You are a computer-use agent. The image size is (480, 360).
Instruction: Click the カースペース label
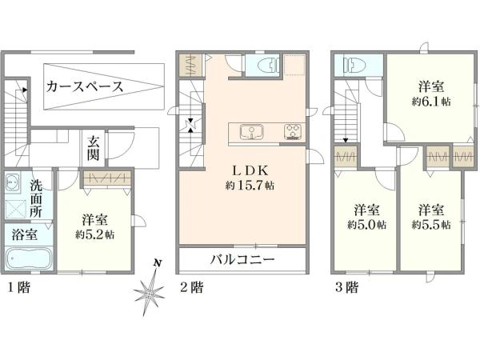(x=85, y=87)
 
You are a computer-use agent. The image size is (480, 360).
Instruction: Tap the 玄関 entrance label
(x=93, y=148)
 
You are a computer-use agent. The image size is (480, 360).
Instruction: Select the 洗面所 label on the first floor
(x=36, y=198)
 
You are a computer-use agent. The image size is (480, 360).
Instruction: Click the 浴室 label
(x=25, y=234)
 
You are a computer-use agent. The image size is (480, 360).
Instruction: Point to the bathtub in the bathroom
(x=29, y=258)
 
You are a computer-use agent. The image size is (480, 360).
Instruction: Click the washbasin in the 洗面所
(x=13, y=182)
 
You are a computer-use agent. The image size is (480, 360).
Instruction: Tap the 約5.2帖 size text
(x=95, y=234)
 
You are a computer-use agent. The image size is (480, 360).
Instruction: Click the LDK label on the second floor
(x=250, y=171)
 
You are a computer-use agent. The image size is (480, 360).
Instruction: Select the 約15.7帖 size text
(x=250, y=186)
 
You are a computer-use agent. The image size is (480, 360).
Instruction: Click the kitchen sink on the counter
(x=252, y=132)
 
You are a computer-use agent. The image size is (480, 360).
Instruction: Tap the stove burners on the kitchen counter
(x=293, y=132)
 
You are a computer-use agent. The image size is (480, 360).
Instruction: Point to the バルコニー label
(x=242, y=260)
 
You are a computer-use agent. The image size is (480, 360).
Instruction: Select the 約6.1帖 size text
(x=431, y=102)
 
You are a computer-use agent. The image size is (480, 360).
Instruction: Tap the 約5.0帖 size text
(x=366, y=225)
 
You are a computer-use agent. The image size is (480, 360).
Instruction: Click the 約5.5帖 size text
(x=431, y=225)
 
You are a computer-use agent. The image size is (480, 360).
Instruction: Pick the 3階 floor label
(x=347, y=287)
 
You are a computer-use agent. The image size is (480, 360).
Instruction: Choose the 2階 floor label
(x=191, y=287)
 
